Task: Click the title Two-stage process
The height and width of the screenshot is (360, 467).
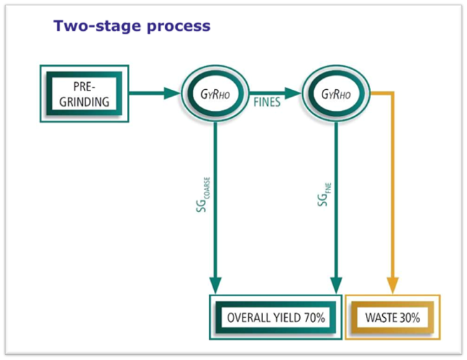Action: (131, 27)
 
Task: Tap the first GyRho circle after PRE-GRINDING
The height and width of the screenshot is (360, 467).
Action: (215, 93)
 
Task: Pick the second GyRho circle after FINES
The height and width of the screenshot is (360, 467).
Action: (335, 93)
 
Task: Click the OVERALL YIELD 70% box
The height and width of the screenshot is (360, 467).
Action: (276, 317)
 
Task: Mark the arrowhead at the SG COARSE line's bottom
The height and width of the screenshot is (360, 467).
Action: (216, 285)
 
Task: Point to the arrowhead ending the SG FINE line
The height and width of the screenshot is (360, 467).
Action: (336, 285)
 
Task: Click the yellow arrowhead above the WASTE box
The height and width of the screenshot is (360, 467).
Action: (392, 285)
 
